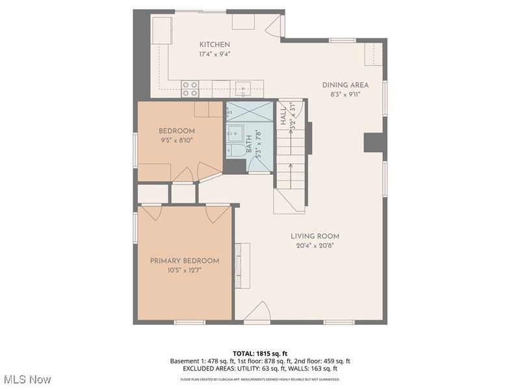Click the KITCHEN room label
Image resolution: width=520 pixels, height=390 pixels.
[214, 44]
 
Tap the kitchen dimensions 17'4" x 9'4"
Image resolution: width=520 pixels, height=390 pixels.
[214, 54]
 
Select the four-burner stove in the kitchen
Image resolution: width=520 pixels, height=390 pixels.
[190, 88]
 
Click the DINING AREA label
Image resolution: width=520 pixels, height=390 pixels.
[345, 85]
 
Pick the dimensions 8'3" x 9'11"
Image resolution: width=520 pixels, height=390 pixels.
[345, 94]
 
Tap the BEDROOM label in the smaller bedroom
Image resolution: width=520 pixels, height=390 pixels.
[177, 131]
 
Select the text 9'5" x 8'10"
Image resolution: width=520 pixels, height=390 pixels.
[177, 140]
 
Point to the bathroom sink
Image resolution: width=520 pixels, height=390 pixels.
[232, 133]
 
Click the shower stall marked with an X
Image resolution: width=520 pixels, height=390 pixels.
[250, 111]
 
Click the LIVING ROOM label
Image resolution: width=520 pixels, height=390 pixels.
[315, 237]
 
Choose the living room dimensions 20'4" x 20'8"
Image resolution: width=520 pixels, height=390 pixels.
[315, 246]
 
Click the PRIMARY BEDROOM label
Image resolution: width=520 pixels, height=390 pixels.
[185, 261]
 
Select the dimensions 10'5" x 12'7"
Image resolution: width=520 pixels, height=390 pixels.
[185, 270]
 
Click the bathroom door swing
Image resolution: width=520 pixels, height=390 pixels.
[260, 167]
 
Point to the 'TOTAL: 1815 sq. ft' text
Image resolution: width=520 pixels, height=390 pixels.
[260, 354]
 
